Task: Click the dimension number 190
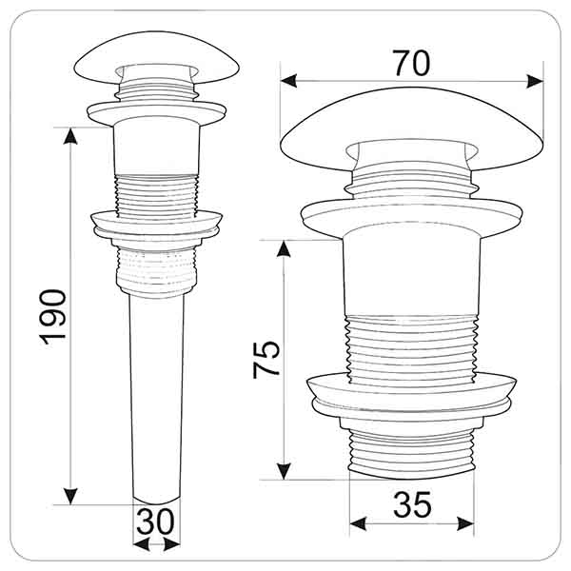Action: [x=53, y=317]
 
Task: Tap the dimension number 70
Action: [x=411, y=64]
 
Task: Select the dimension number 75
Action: [x=266, y=360]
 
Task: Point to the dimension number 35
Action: [x=412, y=504]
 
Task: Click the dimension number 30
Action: [x=155, y=522]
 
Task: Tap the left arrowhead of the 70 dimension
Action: [x=288, y=81]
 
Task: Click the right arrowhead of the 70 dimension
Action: [x=535, y=81]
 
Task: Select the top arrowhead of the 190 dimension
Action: [x=70, y=136]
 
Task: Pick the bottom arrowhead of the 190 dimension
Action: [x=70, y=496]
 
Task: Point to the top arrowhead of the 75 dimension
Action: [x=284, y=248]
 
